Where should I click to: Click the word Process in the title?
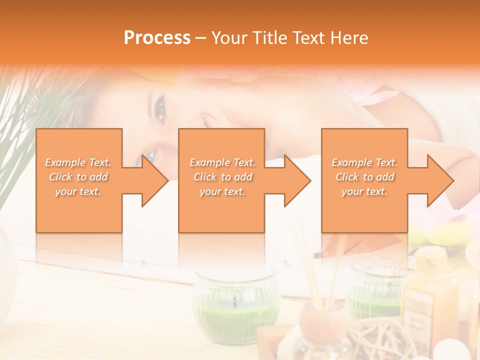click(x=157, y=37)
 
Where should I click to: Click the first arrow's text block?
click(x=78, y=177)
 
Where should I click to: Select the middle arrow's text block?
click(x=222, y=177)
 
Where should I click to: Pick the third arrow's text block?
click(x=364, y=177)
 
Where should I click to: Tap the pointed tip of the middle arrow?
click(x=309, y=180)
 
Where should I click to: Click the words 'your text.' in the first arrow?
click(x=78, y=191)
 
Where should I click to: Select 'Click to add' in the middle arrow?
click(x=222, y=177)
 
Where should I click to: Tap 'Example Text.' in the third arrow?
click(x=364, y=162)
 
